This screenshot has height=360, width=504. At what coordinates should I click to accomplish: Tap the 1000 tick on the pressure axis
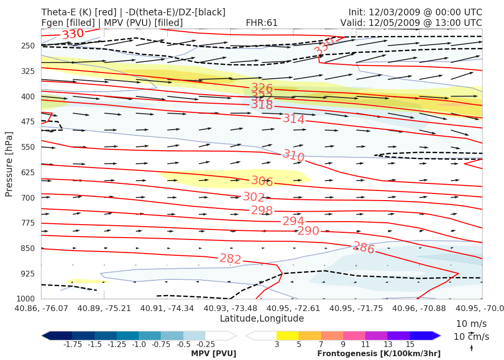tap(27, 299)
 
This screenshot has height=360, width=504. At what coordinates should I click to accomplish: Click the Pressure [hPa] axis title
tap(9, 164)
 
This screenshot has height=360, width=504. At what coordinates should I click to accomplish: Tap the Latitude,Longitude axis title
tap(262, 318)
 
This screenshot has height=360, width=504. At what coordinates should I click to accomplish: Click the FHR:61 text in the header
tap(262, 23)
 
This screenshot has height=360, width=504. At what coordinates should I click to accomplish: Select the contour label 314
tap(294, 119)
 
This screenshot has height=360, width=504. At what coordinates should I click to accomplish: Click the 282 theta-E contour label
tap(230, 259)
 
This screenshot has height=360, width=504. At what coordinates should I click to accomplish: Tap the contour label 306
tap(262, 181)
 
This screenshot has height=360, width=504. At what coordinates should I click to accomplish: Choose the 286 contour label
tap(364, 248)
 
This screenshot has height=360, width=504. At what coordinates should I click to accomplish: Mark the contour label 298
tap(262, 211)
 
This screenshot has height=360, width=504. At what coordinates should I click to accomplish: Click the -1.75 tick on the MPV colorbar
tap(72, 344)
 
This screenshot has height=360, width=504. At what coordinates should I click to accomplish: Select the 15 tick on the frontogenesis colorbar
tap(409, 344)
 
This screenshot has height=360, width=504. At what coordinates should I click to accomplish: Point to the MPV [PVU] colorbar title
tap(214, 354)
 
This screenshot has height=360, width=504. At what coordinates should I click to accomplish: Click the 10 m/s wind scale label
tap(469, 323)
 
